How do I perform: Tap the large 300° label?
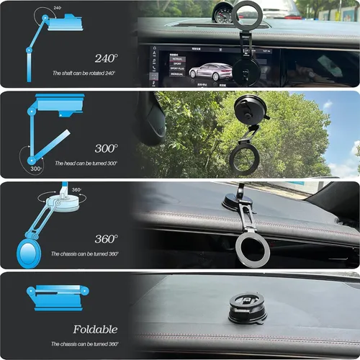tap(106, 148)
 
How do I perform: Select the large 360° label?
tap(106, 238)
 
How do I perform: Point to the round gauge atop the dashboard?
tap(225, 12)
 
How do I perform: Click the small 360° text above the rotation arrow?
tap(76, 190)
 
